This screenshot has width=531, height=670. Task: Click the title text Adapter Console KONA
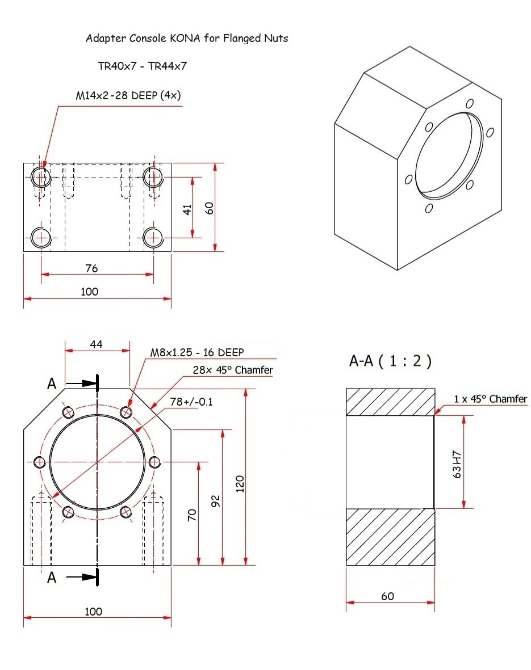(187, 39)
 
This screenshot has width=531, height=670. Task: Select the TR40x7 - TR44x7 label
(143, 66)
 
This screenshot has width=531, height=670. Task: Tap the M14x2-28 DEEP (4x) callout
(128, 95)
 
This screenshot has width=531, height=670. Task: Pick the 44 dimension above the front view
(97, 344)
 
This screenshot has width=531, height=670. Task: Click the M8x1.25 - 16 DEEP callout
(196, 352)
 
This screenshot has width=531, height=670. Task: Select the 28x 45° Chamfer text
(233, 370)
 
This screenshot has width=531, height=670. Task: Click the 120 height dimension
(239, 484)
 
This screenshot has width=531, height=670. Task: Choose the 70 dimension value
(193, 515)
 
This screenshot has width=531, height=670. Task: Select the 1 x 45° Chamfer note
(490, 399)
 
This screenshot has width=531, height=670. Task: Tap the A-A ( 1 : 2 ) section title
(390, 361)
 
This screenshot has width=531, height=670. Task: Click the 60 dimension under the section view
(387, 596)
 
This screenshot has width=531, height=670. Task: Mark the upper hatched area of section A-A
(390, 402)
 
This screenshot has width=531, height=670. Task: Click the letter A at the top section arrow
(52, 384)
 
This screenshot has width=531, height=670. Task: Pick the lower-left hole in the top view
(41, 237)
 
